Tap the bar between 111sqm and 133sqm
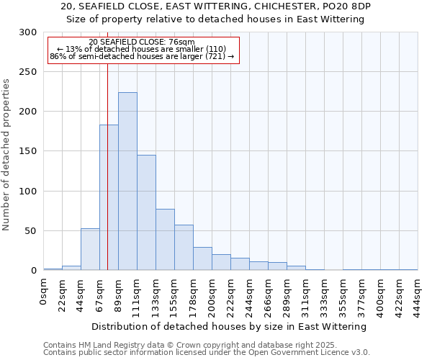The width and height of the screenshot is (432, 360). (x=146, y=212)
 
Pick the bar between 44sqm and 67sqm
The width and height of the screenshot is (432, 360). (x=90, y=249)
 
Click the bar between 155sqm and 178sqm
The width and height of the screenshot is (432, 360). (x=184, y=247)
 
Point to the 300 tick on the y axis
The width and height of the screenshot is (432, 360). (x=28, y=32)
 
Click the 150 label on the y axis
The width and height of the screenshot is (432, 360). (x=28, y=151)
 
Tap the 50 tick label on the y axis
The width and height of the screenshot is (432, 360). (x=31, y=231)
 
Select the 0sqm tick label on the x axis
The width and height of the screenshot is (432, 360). (x=44, y=292)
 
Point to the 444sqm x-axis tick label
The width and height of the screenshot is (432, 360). (x=418, y=294)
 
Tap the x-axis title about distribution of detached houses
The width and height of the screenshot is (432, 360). (x=230, y=326)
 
